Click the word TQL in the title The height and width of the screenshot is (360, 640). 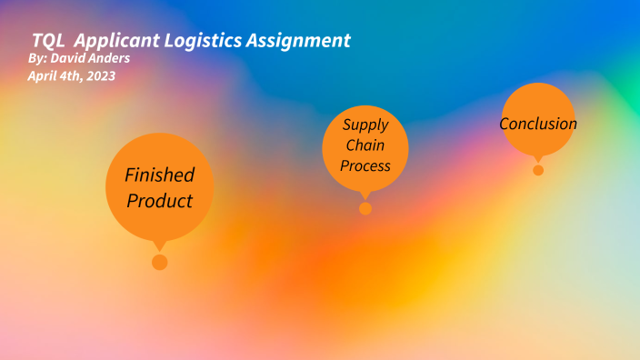[x=47, y=41]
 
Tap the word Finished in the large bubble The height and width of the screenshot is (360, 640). [x=160, y=175]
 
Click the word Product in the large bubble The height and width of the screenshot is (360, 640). [x=160, y=200]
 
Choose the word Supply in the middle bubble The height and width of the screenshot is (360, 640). [x=365, y=125]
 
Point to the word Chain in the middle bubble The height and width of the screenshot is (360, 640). [x=365, y=145]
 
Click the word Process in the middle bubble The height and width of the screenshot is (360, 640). [x=365, y=165]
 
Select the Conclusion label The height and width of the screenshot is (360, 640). [x=538, y=124]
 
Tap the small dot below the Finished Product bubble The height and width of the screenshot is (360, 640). [x=160, y=262]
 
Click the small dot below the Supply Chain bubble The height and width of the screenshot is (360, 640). [x=365, y=208]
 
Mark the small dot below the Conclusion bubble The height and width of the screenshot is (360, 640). [x=538, y=170]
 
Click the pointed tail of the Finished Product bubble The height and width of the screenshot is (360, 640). [x=160, y=244]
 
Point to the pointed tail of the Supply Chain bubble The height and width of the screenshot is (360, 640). [x=365, y=194]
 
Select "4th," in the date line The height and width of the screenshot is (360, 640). [x=69, y=76]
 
